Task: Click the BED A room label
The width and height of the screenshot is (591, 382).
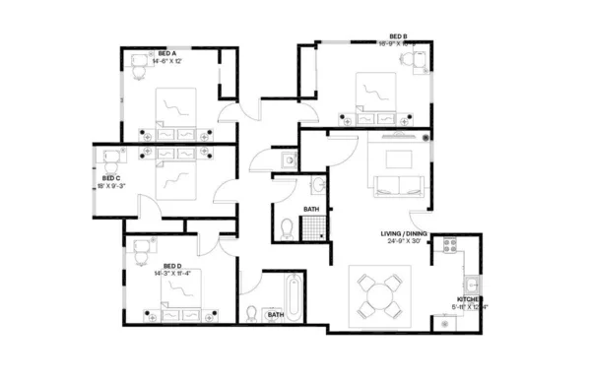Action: tap(166, 53)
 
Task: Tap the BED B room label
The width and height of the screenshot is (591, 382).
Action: tap(399, 36)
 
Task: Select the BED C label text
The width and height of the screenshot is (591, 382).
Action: tap(110, 178)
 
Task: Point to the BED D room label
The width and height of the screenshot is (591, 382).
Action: tap(172, 266)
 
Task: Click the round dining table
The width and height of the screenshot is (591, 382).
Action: tap(378, 293)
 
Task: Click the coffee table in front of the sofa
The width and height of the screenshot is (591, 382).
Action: tap(398, 159)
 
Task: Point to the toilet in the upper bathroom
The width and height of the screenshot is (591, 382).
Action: tap(287, 229)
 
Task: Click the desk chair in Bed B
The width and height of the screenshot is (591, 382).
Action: tap(408, 59)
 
